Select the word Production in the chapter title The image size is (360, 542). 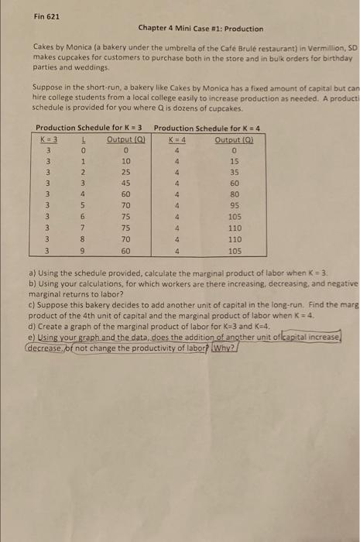tap(244, 29)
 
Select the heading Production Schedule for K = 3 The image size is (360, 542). tap(89, 126)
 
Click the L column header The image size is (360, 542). tap(81, 138)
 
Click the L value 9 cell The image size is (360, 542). tap(81, 251)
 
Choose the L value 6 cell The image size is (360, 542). tap(81, 217)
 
